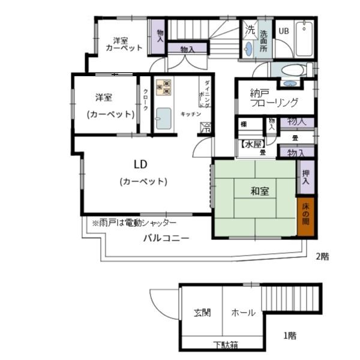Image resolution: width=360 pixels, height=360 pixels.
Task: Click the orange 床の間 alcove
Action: (305, 214)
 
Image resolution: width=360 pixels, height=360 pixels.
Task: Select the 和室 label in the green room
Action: (260, 191)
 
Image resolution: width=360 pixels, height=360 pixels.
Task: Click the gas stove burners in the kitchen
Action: (164, 88)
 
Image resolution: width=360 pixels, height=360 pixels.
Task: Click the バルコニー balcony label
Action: (166, 238)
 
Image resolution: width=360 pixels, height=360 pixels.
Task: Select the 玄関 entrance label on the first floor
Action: (202, 313)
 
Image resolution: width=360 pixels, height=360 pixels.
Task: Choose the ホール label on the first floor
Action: (243, 313)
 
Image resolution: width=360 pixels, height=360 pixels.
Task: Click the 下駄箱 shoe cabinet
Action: (226, 345)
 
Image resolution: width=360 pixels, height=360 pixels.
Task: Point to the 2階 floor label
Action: (322, 256)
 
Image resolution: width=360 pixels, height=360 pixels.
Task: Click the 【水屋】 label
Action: (253, 144)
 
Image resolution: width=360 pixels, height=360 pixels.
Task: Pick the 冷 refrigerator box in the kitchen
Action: (205, 127)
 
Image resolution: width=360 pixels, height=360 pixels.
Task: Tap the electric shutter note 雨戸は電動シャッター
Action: (134, 222)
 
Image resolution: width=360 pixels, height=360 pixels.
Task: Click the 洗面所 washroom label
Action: (263, 41)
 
